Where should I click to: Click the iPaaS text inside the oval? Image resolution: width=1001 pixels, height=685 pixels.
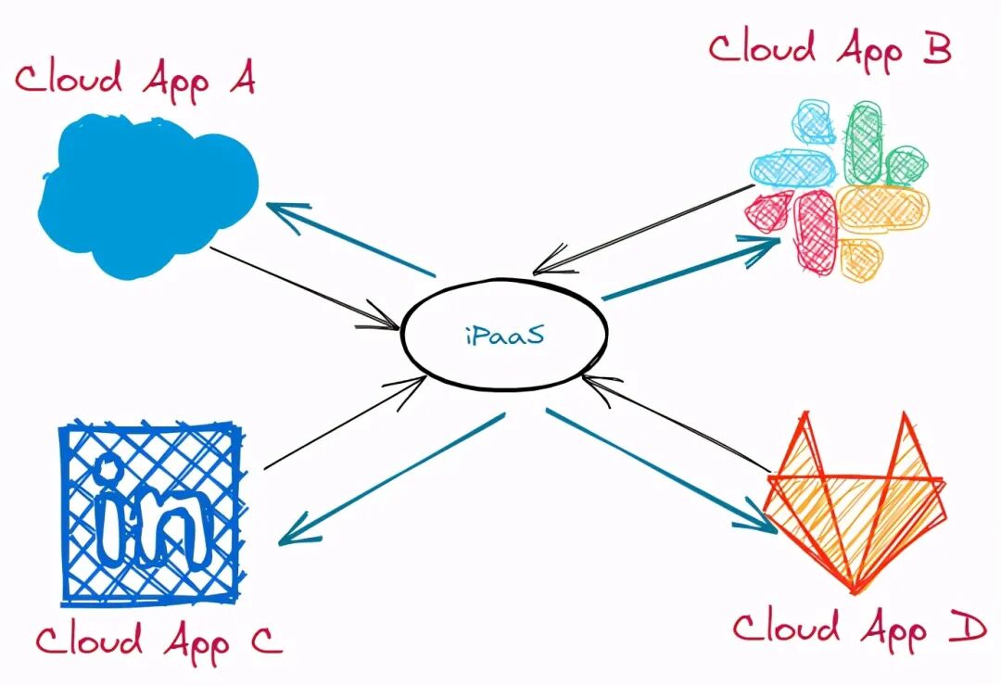pyautogui.click(x=504, y=335)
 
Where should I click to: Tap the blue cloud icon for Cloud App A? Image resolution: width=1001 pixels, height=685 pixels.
pyautogui.click(x=148, y=194)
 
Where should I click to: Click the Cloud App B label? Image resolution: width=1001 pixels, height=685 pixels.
pyautogui.click(x=830, y=48)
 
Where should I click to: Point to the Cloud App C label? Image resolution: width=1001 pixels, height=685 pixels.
pyautogui.click(x=158, y=641)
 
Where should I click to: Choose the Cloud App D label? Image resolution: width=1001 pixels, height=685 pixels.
pyautogui.click(x=858, y=629)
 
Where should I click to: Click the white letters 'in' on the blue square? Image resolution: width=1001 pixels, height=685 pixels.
pyautogui.click(x=150, y=515)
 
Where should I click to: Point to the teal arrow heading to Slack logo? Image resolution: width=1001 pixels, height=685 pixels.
pyautogui.click(x=691, y=268)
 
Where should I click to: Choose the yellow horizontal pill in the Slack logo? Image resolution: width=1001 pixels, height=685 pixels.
pyautogui.click(x=881, y=208)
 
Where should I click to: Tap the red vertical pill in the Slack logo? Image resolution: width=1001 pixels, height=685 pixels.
pyautogui.click(x=816, y=232)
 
